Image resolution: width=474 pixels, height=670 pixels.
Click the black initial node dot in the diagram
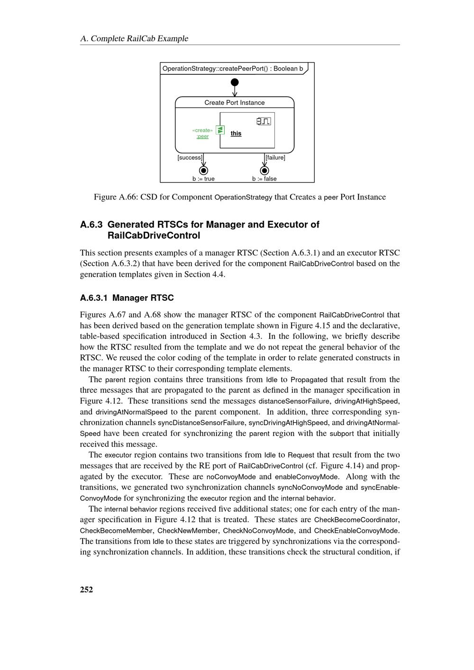(x=235, y=82)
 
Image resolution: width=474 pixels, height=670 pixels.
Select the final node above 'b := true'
(x=204, y=171)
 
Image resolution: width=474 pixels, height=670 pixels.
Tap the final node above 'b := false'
(x=264, y=171)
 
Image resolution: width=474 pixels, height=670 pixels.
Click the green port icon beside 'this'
(x=220, y=130)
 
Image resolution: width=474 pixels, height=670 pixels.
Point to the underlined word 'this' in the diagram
(x=236, y=134)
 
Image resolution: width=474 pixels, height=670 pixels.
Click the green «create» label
(x=202, y=130)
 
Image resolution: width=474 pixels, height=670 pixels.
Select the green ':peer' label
(x=202, y=136)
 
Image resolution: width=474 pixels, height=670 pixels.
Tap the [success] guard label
(x=190, y=158)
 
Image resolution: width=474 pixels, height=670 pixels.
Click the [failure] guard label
(x=275, y=158)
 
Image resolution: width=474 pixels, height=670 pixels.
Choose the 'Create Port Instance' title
(x=235, y=103)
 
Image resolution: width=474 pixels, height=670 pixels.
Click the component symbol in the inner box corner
(x=264, y=121)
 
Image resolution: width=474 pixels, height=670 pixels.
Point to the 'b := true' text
(x=203, y=179)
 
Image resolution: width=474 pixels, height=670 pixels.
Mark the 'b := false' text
(x=264, y=179)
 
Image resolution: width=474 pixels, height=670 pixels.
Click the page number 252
(x=87, y=589)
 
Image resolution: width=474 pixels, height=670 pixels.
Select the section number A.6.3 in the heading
(x=91, y=225)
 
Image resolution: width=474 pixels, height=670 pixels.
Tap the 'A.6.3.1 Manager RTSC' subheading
(x=127, y=298)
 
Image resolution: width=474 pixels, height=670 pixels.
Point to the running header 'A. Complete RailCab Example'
(x=134, y=39)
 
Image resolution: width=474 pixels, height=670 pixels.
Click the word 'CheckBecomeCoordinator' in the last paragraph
(x=356, y=520)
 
